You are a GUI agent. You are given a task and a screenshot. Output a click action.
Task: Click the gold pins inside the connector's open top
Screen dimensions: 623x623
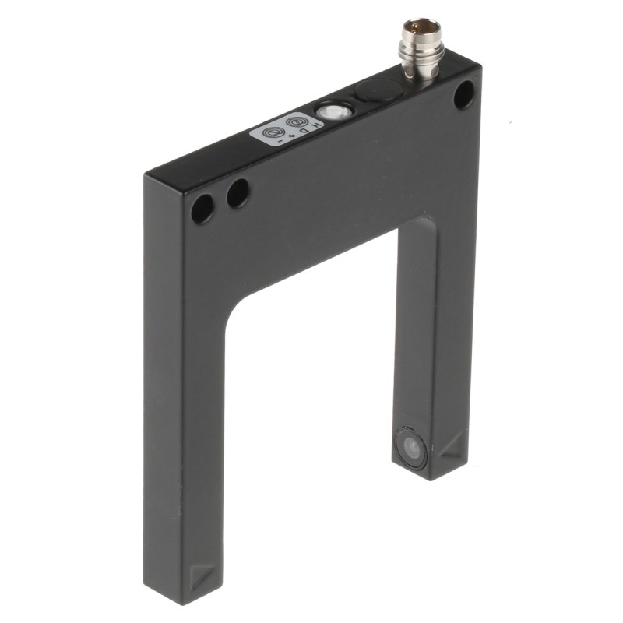pyautogui.click(x=421, y=29)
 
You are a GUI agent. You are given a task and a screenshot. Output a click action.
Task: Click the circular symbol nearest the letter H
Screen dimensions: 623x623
pyautogui.click(x=296, y=123)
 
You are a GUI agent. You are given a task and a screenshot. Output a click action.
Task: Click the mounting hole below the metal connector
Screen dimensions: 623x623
pyautogui.click(x=463, y=95)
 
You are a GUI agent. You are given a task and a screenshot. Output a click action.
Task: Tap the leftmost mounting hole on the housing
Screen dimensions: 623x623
pyautogui.click(x=202, y=208)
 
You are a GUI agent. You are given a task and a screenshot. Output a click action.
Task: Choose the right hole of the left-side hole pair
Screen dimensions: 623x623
pyautogui.click(x=238, y=193)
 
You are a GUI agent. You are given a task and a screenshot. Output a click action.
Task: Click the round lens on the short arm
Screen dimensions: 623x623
pyautogui.click(x=411, y=449)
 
